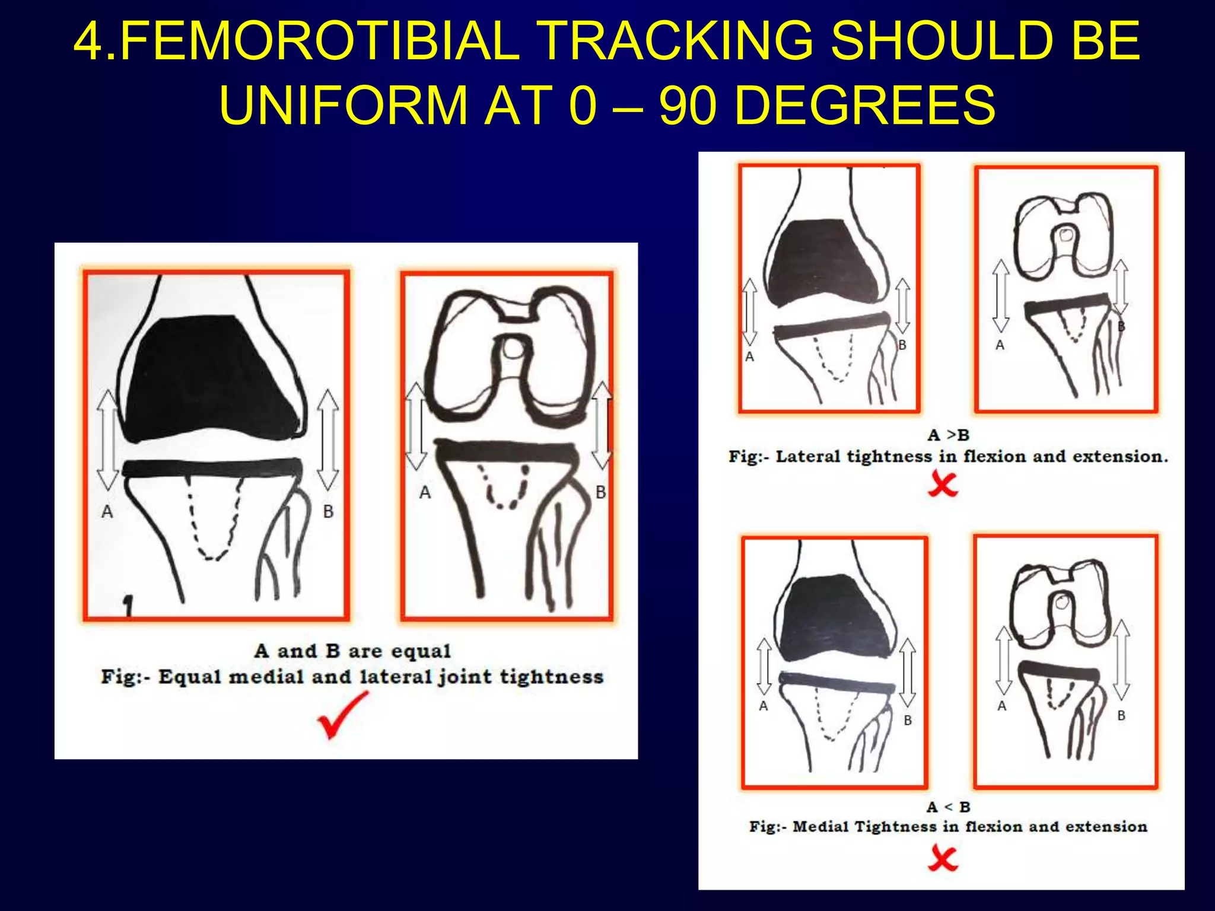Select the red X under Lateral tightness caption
pyautogui.click(x=943, y=484)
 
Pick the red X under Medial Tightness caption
pyautogui.click(x=943, y=858)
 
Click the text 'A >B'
pyautogui.click(x=948, y=435)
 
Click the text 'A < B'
pyautogui.click(x=948, y=807)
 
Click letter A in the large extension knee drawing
pyautogui.click(x=107, y=511)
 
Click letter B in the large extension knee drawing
pyautogui.click(x=328, y=511)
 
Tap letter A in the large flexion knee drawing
pyautogui.click(x=425, y=492)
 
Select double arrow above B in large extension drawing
pyautogui.click(x=327, y=439)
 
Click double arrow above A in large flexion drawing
pyautogui.click(x=415, y=426)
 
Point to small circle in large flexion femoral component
pyautogui.click(x=513, y=351)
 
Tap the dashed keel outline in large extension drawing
pyautogui.click(x=214, y=522)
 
